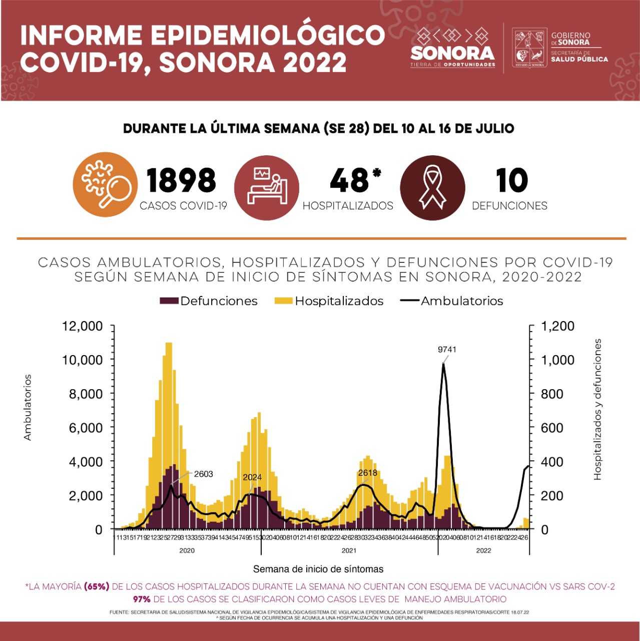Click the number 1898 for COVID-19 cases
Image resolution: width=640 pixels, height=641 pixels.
(181, 180)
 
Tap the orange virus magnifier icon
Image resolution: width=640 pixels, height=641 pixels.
(105, 184)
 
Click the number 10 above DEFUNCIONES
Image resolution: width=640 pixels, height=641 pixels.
(511, 180)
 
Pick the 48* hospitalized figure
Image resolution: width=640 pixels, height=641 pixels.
(355, 180)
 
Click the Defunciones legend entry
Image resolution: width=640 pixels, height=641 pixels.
(209, 301)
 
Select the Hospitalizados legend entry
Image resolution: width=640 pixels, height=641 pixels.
(329, 301)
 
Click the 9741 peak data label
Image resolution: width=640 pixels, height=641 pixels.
(447, 350)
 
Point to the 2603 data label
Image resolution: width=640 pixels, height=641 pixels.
(204, 474)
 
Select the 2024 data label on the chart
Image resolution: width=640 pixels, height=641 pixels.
(252, 477)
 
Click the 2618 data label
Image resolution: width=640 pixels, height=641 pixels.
(368, 473)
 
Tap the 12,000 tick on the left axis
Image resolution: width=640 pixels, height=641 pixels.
(82, 326)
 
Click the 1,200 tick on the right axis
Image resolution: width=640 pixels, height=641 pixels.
(558, 326)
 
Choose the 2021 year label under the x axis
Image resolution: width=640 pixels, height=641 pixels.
(349, 550)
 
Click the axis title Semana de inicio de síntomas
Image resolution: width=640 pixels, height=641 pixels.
(318, 569)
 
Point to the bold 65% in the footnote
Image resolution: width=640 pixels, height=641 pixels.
(97, 586)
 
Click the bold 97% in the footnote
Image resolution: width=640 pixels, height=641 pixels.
(142, 599)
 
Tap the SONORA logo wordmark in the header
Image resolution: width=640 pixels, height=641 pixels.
(452, 53)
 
